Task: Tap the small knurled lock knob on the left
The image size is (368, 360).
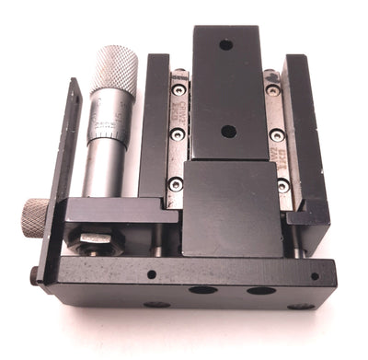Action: tap(35, 217)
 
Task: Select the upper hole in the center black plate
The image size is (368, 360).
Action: tap(225, 43)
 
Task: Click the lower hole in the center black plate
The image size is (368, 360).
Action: tap(227, 131)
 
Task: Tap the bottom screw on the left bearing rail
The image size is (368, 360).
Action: tap(176, 184)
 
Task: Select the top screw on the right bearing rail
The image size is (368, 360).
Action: tap(273, 90)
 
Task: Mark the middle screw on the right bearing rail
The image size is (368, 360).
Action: tap(277, 135)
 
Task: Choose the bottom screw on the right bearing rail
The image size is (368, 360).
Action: tap(282, 185)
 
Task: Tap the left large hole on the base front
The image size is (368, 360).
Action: tap(201, 290)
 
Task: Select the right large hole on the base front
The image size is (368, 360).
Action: tap(260, 290)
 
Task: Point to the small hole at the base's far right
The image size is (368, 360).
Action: tap(315, 275)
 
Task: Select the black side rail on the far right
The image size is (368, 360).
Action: tap(307, 138)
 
